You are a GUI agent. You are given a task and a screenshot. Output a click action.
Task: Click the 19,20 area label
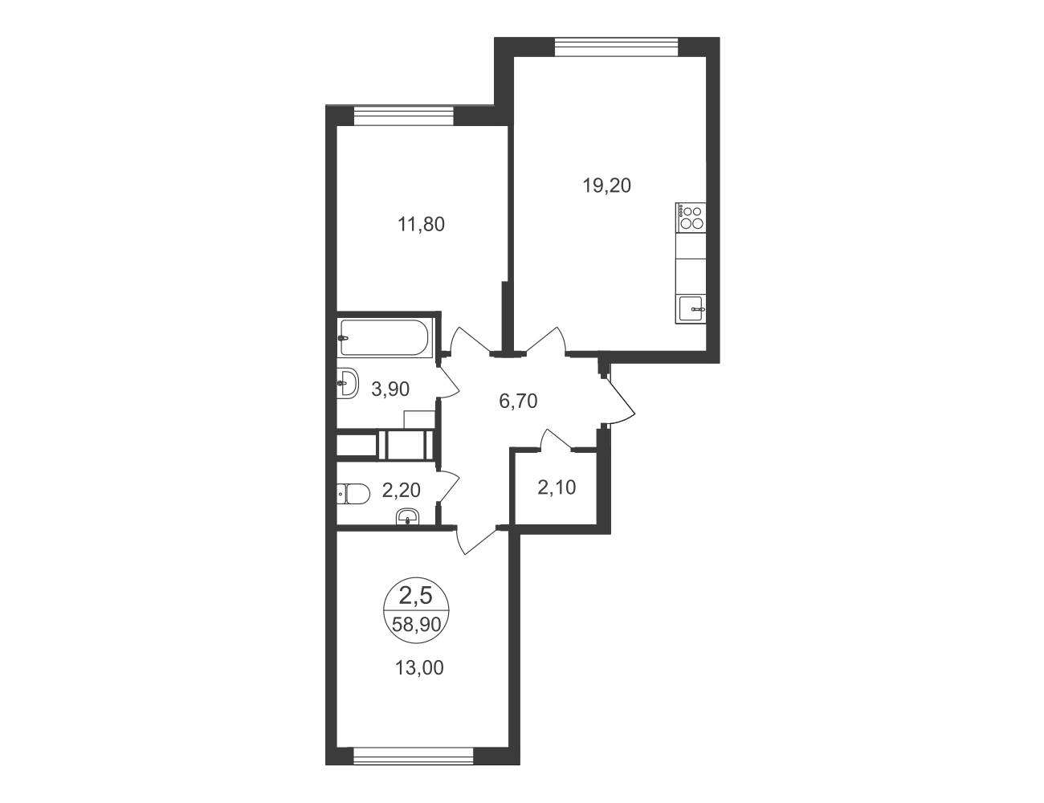tap(607, 185)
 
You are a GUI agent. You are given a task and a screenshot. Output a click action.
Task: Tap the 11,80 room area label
tap(422, 224)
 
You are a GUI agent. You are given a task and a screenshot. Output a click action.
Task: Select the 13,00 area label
tap(419, 667)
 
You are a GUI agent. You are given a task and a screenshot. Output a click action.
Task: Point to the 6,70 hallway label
tap(518, 401)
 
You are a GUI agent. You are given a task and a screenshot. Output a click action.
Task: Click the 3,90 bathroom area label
tap(390, 389)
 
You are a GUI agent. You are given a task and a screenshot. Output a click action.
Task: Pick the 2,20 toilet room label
tap(402, 490)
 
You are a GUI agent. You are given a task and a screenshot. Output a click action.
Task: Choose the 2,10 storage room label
tap(557, 488)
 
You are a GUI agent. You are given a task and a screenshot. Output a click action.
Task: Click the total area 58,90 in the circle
tap(417, 625)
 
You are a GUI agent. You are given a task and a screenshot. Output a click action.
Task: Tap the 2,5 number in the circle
tap(417, 596)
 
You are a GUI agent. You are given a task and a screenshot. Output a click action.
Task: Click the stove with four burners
tap(691, 217)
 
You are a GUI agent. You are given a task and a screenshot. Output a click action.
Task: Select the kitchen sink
tap(691, 310)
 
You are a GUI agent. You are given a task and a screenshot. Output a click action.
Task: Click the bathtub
tap(385, 337)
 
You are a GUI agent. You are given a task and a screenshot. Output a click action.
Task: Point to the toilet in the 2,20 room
tap(353, 493)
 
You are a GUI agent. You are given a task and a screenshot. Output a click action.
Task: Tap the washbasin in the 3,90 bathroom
tap(347, 383)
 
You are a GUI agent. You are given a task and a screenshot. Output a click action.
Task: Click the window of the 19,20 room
tap(617, 47)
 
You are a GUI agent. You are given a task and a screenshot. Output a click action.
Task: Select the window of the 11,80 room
tap(404, 116)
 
